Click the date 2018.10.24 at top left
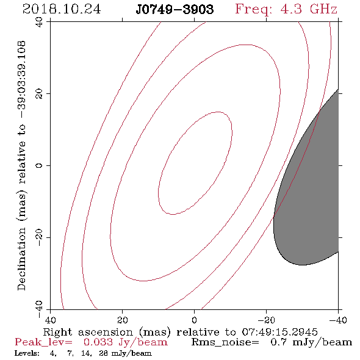click(x=62, y=9)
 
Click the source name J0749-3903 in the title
click(x=175, y=10)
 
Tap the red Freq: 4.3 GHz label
click(x=286, y=9)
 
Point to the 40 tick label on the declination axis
click(x=39, y=22)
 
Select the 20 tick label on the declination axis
click(x=39, y=94)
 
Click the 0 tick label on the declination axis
click(x=39, y=165)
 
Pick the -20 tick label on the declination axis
click(x=39, y=237)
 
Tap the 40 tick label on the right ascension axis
click(x=50, y=320)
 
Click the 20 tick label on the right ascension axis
click(x=123, y=320)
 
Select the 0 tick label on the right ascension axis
click(x=195, y=320)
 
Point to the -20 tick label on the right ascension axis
click(x=266, y=320)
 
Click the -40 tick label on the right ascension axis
click(x=338, y=320)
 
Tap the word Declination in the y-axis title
click(x=21, y=259)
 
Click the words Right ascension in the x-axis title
click(x=88, y=332)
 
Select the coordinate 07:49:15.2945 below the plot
click(x=279, y=332)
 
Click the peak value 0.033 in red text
click(x=98, y=342)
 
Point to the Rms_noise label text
click(x=225, y=342)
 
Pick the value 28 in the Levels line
click(x=103, y=353)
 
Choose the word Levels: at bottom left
click(x=27, y=353)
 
